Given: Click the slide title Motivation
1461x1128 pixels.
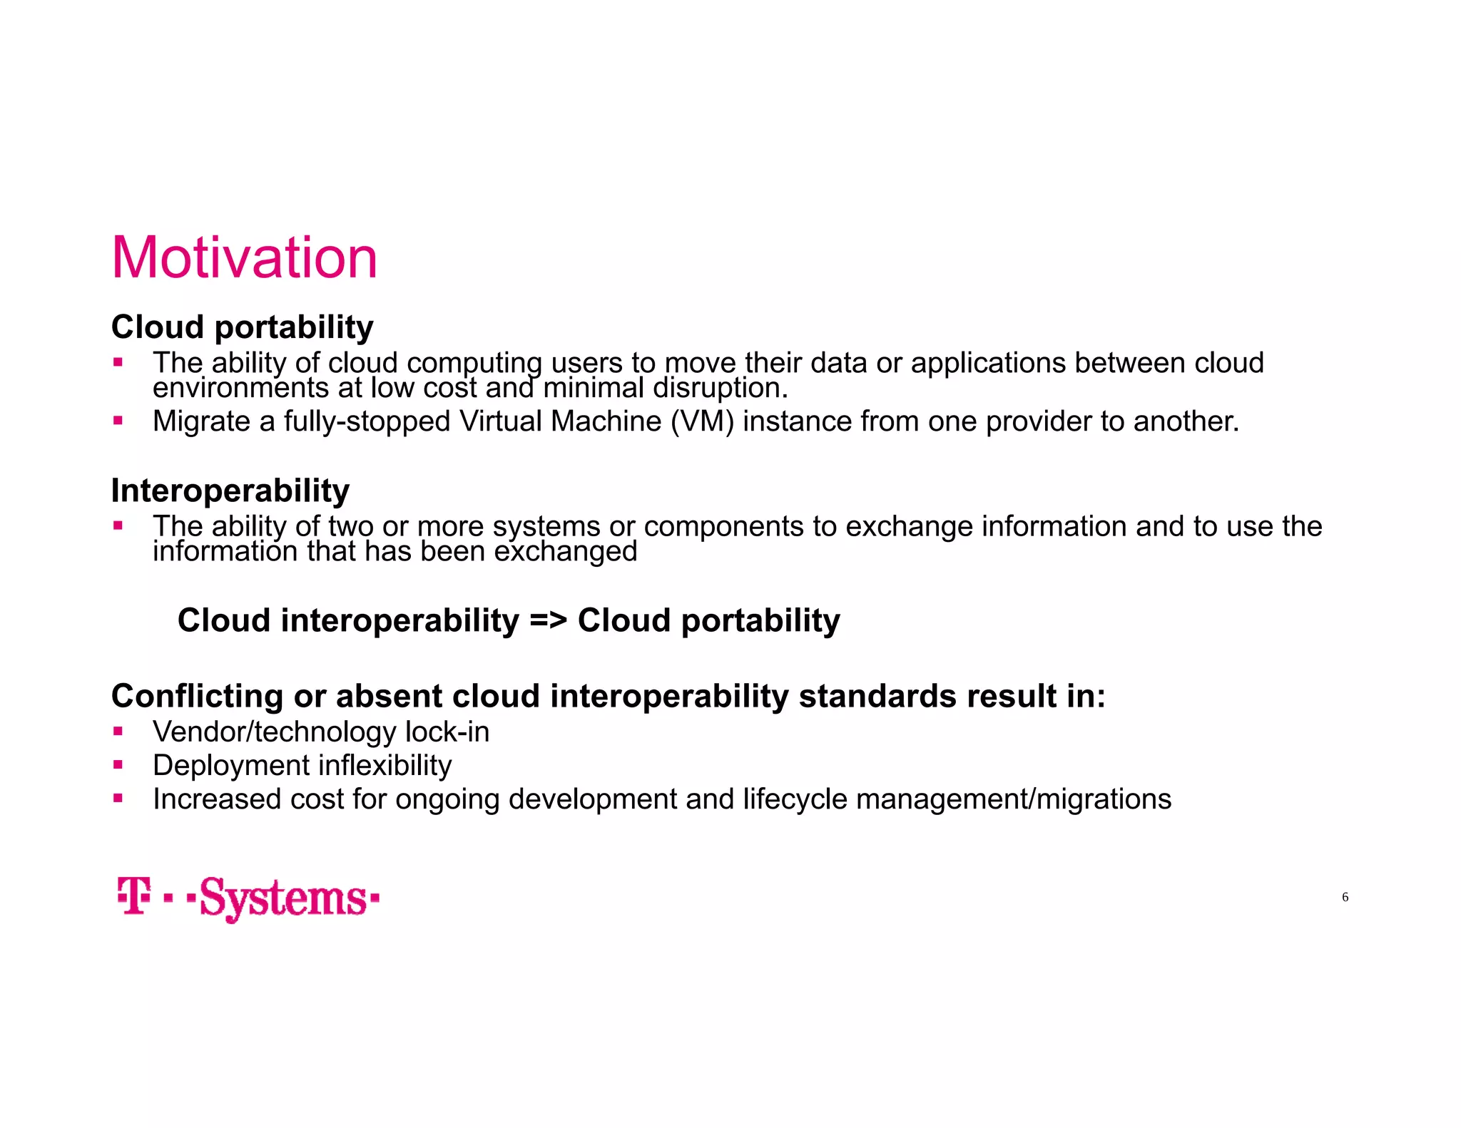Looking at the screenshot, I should click(244, 257).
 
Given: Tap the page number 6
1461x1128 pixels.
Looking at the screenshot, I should click(1345, 897).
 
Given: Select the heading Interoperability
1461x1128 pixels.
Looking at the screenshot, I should click(230, 491).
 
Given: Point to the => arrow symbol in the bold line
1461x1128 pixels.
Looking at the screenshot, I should click(548, 620).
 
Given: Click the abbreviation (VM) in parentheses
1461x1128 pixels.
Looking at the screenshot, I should click(702, 421).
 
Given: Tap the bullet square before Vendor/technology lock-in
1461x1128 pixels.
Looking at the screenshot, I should click(118, 731).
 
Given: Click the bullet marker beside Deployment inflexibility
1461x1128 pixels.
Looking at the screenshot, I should click(118, 764).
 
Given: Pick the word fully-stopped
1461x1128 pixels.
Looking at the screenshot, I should click(367, 421).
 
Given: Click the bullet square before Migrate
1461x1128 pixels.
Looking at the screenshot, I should click(118, 421).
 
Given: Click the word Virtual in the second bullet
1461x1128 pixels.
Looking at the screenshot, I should click(501, 421).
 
